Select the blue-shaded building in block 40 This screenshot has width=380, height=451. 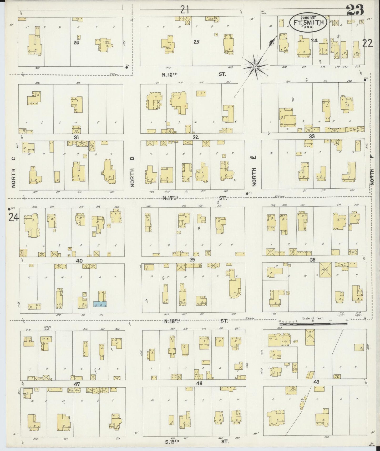100,304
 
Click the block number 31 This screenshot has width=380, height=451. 76,137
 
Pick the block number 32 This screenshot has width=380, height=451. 195,137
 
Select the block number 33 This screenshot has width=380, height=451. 312,136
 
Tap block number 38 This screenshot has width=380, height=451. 312,259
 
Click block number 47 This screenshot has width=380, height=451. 77,384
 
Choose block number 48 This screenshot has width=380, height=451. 199,383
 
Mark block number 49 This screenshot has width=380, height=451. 316,382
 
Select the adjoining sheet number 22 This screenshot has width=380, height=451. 367,43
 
